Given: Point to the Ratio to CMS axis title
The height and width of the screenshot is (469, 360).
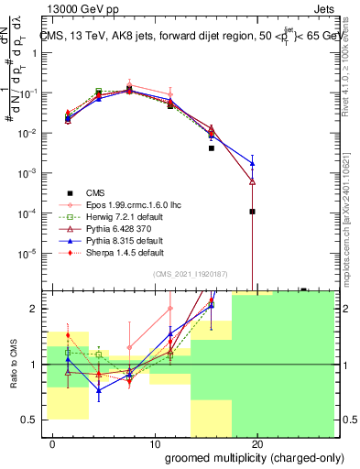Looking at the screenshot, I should coord(14,365).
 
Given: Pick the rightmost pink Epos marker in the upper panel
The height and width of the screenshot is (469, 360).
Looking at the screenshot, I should coord(170,94).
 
